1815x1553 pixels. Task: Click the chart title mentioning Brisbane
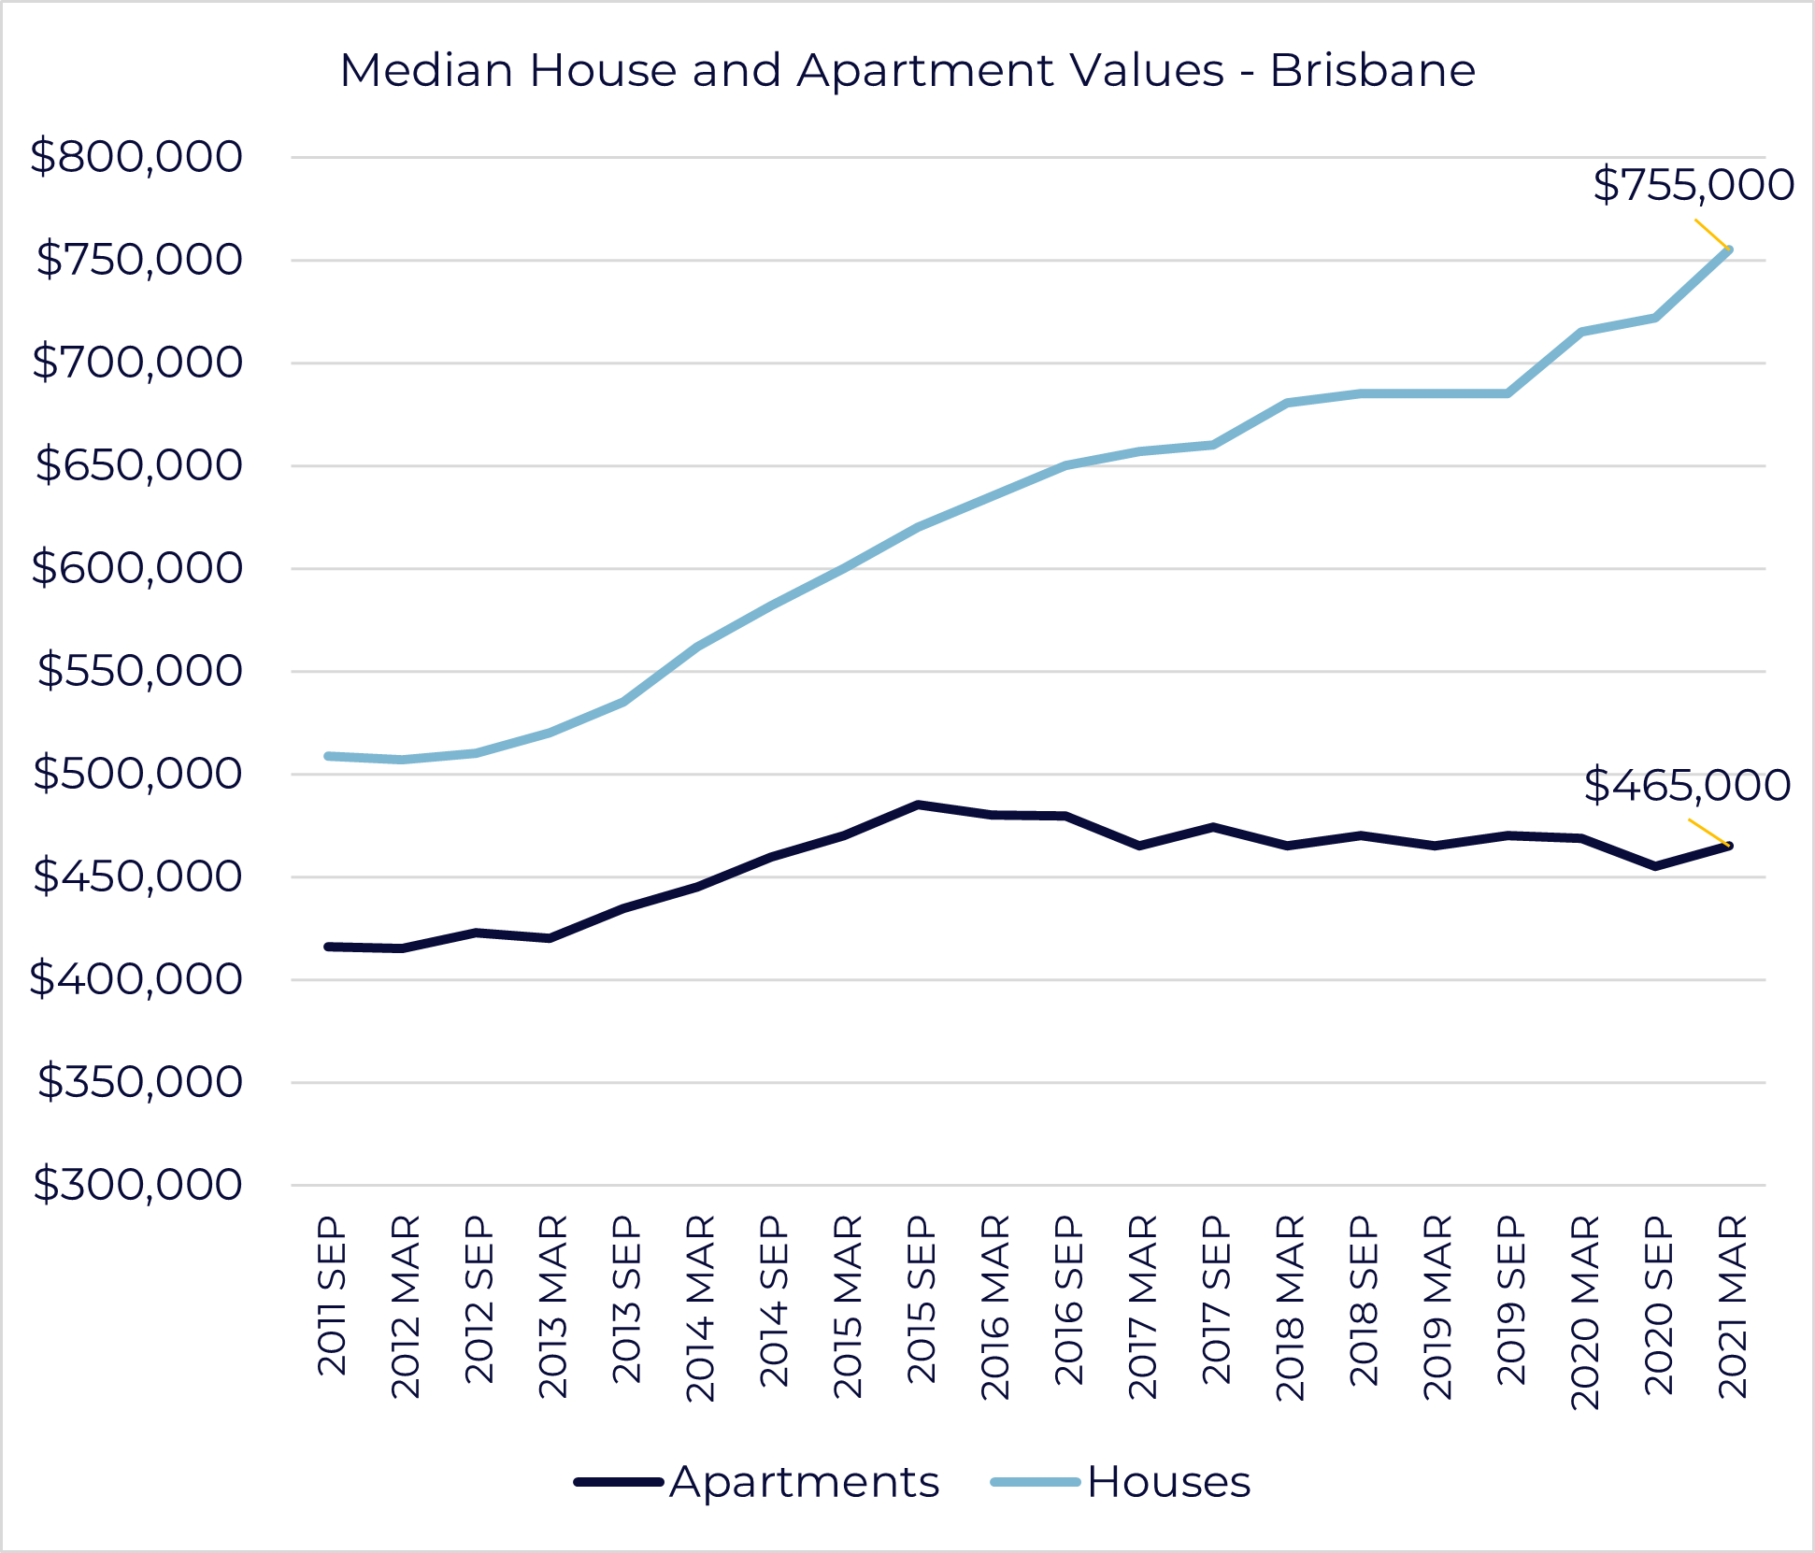(x=907, y=71)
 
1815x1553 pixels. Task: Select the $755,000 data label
(x=1693, y=185)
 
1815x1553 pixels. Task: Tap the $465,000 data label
(x=1687, y=785)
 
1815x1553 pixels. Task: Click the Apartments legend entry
(x=757, y=1482)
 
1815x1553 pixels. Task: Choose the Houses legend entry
(x=1122, y=1482)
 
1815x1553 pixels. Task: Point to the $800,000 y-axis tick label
(x=136, y=157)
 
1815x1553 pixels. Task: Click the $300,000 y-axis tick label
(x=136, y=1185)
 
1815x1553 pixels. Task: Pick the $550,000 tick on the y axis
(x=138, y=671)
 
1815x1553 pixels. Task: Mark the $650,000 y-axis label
(x=138, y=465)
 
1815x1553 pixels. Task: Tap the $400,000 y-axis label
(x=136, y=979)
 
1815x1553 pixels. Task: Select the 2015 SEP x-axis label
(x=922, y=1299)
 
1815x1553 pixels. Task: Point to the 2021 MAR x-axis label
(x=1733, y=1305)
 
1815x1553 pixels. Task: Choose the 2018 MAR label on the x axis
(x=1290, y=1307)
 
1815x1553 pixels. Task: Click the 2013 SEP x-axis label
(x=626, y=1299)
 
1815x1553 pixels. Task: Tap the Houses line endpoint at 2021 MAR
(x=1729, y=249)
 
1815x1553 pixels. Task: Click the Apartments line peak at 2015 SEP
(x=919, y=805)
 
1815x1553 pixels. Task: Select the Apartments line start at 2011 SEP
(x=329, y=947)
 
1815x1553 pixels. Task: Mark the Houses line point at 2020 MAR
(x=1581, y=332)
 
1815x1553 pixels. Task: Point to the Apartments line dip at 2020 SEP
(x=1655, y=866)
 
